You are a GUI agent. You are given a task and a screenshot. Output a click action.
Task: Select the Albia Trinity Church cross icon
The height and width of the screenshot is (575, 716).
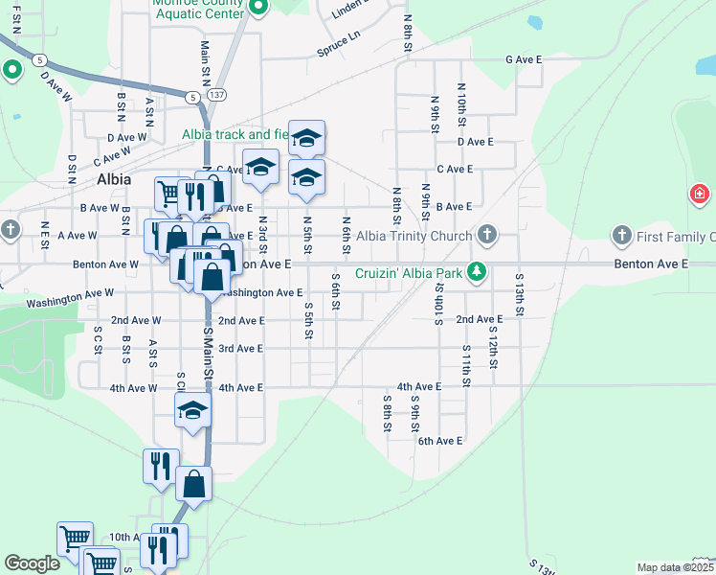(487, 234)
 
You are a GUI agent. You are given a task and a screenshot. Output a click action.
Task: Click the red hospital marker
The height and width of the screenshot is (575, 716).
(699, 195)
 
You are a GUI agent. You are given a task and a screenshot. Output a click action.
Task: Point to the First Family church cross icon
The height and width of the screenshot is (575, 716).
(620, 235)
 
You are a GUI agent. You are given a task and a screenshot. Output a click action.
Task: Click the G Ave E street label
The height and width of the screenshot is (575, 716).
(524, 59)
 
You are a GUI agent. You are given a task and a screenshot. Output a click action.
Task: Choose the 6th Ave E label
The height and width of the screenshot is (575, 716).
(439, 441)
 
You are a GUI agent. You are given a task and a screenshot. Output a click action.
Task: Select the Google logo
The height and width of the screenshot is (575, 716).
(32, 563)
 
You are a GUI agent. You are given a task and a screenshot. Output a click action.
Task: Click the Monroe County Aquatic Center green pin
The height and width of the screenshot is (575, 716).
(257, 8)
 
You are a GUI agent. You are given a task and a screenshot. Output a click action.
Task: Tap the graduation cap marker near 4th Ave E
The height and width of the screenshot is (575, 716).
(191, 411)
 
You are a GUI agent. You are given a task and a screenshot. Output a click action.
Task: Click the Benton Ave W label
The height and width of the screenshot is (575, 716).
(105, 264)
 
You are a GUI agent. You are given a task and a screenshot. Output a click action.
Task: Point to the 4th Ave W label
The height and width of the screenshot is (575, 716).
(133, 388)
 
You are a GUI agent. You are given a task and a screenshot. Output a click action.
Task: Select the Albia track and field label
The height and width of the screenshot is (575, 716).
(235, 135)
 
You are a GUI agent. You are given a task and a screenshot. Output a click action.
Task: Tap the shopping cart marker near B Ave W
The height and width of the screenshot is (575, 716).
(168, 194)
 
